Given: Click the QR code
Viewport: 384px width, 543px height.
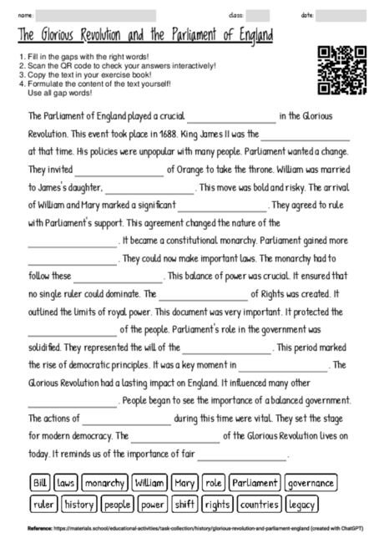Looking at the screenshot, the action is coord(343,70).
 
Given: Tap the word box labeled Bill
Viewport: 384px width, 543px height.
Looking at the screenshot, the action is coord(40,483).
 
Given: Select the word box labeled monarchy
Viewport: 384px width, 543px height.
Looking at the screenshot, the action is coord(104,483).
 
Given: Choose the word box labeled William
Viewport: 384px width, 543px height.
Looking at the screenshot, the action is coord(150,483).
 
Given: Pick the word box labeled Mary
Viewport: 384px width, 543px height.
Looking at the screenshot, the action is coord(184,483).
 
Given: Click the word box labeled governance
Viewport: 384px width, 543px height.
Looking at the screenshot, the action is coord(311,483).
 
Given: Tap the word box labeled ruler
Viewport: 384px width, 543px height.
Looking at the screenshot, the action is coord(43,505).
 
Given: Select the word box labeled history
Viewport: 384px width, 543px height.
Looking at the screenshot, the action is coord(79,505).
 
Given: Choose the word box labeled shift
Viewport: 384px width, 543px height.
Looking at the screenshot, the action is coord(184,505).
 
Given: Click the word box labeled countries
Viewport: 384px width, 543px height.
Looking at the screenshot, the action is coord(259,505).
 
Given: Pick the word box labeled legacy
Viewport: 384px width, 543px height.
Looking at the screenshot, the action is coord(301,505).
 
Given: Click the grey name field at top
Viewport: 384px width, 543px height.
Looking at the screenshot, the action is coord(96,15).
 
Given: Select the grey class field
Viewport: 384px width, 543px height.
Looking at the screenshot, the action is coord(258,15).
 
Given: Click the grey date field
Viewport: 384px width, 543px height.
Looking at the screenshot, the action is coord(341,15).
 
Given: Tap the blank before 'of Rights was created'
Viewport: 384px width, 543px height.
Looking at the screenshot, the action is coord(203,294).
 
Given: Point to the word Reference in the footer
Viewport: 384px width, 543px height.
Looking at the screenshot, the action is coord(40,528).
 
